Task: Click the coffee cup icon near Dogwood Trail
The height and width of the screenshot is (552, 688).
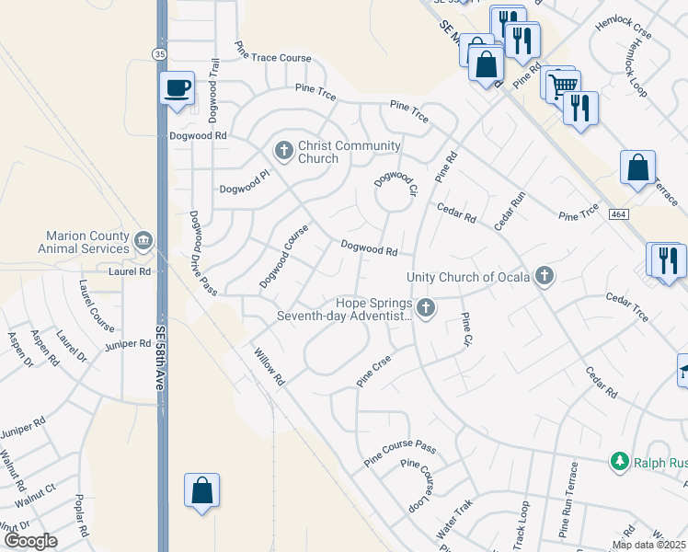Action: [177, 88]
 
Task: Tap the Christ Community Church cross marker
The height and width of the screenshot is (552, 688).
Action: [284, 150]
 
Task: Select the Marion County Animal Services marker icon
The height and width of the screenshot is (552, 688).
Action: [143, 241]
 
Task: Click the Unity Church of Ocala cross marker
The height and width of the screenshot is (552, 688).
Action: [545, 275]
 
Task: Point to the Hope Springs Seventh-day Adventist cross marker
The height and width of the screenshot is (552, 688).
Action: [425, 307]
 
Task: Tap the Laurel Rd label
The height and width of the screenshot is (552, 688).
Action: [128, 271]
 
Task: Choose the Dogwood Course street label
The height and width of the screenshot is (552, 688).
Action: [283, 256]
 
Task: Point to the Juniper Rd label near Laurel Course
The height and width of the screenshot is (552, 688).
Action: [128, 344]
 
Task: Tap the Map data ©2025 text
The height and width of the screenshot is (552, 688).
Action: [648, 545]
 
